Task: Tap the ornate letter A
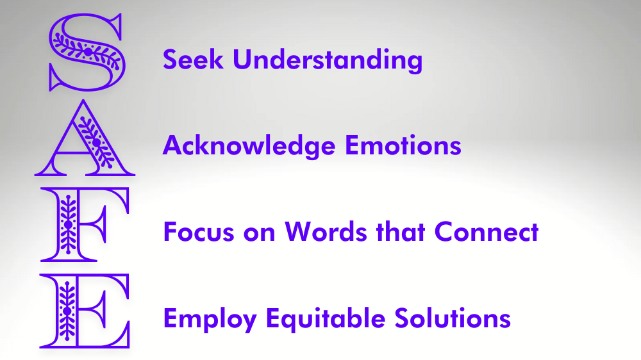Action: [x=97, y=142]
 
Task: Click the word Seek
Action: [x=193, y=60]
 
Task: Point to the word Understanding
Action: [x=328, y=60]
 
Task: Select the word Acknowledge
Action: [x=249, y=146]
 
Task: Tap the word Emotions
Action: [x=403, y=145]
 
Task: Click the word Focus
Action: [x=199, y=232]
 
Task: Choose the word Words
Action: [x=326, y=232]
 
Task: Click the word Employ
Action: [x=210, y=320]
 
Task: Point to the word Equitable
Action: [x=326, y=319]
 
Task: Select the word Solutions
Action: [x=453, y=318]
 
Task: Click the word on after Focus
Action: [x=259, y=233]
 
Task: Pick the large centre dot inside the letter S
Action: [x=87, y=51]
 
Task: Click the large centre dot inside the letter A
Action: [x=97, y=142]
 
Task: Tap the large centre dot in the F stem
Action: [x=68, y=224]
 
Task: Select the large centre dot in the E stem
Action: [x=67, y=311]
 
